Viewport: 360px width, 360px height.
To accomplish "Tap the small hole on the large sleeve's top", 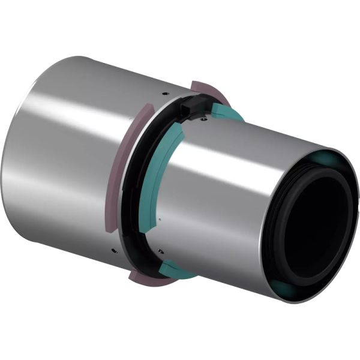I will coord(164,94).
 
